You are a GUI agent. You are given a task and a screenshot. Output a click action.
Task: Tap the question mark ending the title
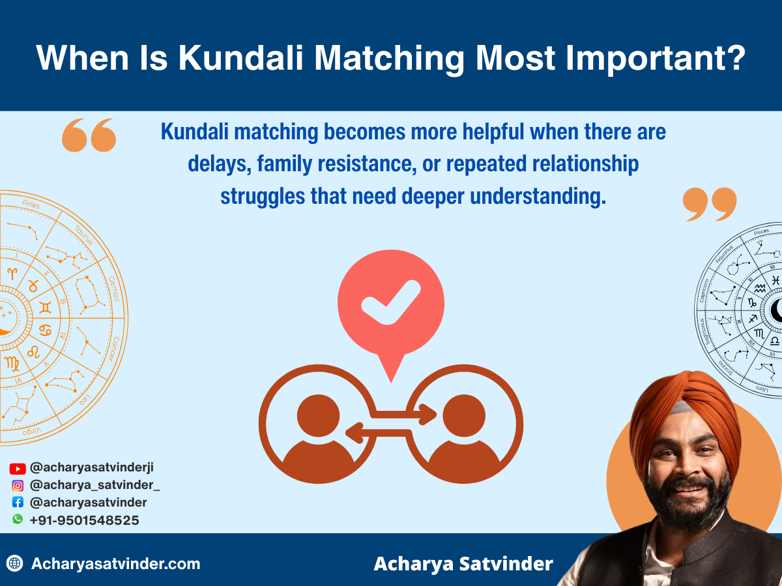[734, 58]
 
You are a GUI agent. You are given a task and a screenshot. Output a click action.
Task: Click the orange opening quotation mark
[89, 135]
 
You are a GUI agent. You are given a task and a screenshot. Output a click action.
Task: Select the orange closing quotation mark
[709, 204]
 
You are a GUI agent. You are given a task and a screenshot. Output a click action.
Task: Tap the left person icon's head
[318, 415]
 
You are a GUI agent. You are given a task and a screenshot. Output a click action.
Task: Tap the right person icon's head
[463, 415]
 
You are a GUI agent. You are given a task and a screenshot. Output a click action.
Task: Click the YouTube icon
[18, 468]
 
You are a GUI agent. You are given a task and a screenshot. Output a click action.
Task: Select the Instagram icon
[18, 485]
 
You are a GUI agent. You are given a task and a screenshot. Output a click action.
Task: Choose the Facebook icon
[18, 503]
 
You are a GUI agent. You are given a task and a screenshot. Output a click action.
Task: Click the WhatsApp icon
[18, 520]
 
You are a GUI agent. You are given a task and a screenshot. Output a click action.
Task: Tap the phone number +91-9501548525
[84, 520]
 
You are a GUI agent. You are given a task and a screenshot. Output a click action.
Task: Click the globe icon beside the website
[15, 563]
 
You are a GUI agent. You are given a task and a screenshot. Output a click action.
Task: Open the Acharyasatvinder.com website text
[115, 564]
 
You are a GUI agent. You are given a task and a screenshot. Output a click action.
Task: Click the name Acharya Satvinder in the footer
[463, 564]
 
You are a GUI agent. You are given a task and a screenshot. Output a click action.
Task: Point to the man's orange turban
[684, 410]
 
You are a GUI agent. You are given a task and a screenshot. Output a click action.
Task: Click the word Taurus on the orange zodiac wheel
[83, 235]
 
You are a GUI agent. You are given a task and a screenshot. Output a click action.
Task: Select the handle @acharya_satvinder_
[94, 485]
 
